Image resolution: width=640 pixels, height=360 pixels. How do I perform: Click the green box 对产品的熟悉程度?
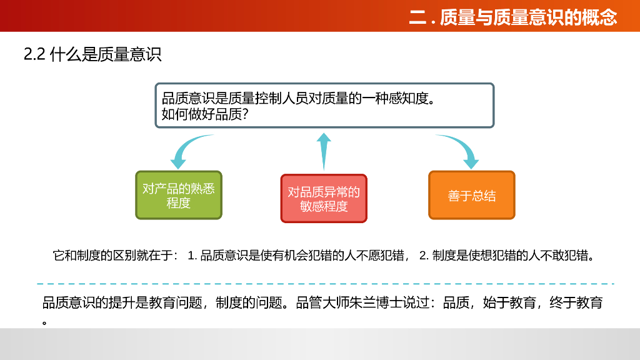[x=179, y=195]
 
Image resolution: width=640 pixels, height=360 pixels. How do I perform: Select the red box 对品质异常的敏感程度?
[x=324, y=199]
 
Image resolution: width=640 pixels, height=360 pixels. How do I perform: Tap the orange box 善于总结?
[x=472, y=196]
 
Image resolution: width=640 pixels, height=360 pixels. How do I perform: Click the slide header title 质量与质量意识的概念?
[x=528, y=17]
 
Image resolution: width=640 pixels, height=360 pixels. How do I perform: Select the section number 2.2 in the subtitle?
[x=35, y=54]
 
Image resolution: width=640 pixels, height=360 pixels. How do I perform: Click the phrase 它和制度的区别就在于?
[x=116, y=256]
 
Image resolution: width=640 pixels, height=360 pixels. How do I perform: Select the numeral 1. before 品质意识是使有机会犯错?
[x=192, y=256]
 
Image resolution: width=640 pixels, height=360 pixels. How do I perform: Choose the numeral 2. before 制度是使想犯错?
[x=424, y=256]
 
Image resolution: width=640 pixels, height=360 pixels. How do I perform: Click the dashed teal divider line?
[x=325, y=284]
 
